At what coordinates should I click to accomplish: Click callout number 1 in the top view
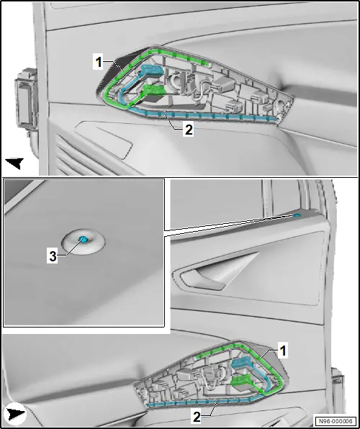[x=99, y=63]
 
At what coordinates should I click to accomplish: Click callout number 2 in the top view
[x=189, y=129]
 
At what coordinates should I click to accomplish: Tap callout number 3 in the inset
[x=53, y=256]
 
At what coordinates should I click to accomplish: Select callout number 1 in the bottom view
[x=283, y=351]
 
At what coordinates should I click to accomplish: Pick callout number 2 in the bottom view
[x=197, y=417]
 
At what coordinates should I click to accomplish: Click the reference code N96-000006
[x=337, y=421]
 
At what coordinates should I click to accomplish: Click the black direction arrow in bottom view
[x=16, y=414]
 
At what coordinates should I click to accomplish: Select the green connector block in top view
[x=154, y=90]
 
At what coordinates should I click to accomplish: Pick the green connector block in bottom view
[x=241, y=381]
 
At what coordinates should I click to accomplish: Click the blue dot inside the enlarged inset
[x=83, y=240]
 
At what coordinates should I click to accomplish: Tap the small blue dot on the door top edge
[x=297, y=216]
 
